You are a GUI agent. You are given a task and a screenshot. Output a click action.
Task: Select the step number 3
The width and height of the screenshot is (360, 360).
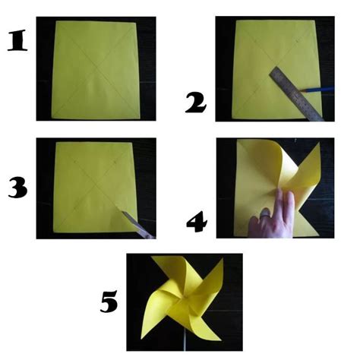[17, 188]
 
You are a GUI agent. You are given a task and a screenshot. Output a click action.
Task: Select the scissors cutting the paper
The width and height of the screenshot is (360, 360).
[137, 223]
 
